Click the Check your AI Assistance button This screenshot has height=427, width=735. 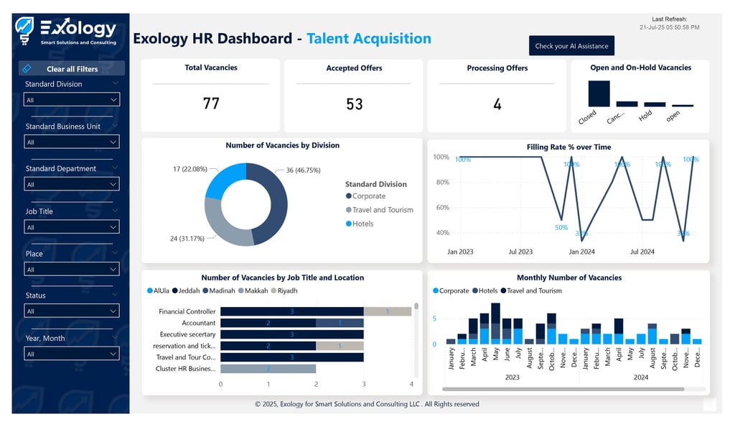pyautogui.click(x=571, y=46)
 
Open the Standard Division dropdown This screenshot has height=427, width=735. pyautogui.click(x=72, y=100)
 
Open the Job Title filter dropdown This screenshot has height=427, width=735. pyautogui.click(x=72, y=227)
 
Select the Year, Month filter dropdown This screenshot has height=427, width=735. pyautogui.click(x=72, y=354)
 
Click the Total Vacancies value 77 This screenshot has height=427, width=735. pyautogui.click(x=211, y=104)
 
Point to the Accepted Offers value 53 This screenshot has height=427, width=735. pyautogui.click(x=354, y=104)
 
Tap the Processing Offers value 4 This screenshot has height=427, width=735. pyautogui.click(x=497, y=104)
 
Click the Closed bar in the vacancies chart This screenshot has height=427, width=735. pyautogui.click(x=599, y=93)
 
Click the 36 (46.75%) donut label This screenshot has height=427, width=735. pyautogui.click(x=298, y=170)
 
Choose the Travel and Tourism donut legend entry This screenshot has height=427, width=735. pyautogui.click(x=383, y=210)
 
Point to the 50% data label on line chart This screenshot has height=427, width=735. pyautogui.click(x=561, y=228)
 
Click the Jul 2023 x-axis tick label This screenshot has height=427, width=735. pyautogui.click(x=520, y=252)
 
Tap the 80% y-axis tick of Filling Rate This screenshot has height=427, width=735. pyautogui.click(x=441, y=183)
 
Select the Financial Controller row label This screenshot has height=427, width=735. pyautogui.click(x=187, y=312)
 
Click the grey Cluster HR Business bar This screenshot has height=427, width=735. pyautogui.click(x=268, y=369)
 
